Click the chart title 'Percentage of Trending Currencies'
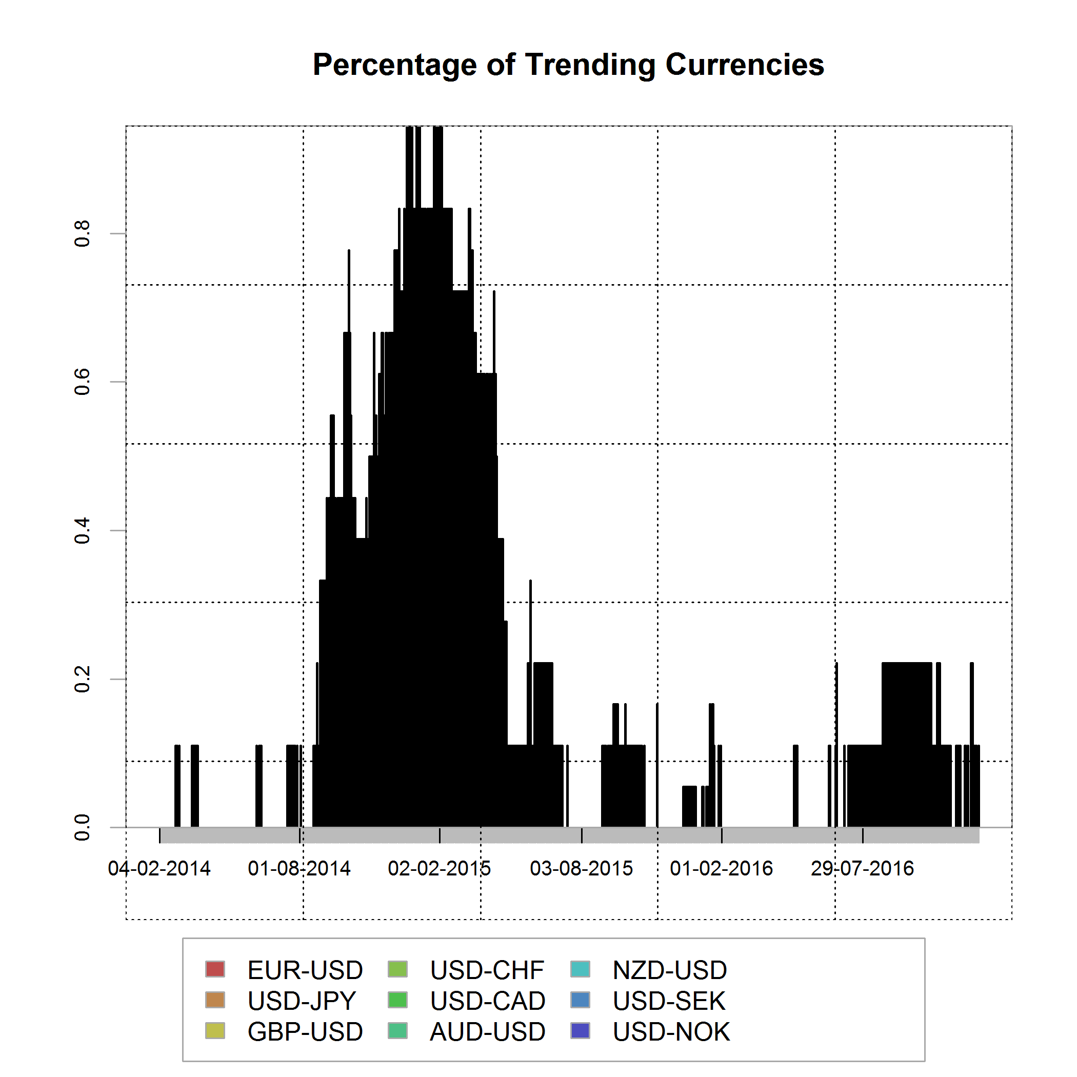point(568,65)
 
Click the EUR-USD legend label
point(305,970)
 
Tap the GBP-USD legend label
point(305,1032)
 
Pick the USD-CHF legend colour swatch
point(397,969)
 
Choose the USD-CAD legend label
point(487,1001)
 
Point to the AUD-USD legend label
point(487,1032)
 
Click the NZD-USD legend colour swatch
point(581,969)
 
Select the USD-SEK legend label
point(669,1001)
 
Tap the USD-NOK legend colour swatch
point(581,1031)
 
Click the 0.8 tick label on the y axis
point(83,233)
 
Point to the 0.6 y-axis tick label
point(83,382)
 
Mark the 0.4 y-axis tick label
point(83,530)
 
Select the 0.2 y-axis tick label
point(83,679)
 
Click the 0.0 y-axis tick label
point(83,827)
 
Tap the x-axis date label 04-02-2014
point(159,868)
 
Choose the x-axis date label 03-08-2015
point(582,868)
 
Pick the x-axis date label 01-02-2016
point(722,868)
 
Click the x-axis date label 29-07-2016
point(863,868)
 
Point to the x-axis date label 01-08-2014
point(300,868)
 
